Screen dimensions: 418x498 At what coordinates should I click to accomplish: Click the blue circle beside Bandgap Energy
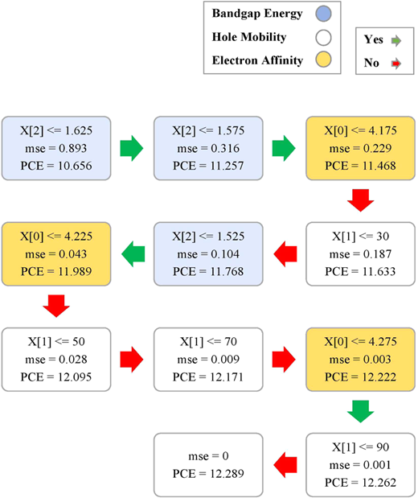point(323,14)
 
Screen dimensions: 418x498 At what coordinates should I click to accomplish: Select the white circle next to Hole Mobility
point(323,37)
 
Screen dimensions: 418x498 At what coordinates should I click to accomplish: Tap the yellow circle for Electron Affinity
point(323,60)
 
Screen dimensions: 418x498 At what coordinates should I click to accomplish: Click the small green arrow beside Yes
point(396,41)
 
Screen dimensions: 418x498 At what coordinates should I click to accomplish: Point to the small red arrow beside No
point(396,64)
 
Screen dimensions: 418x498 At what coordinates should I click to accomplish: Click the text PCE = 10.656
point(56,166)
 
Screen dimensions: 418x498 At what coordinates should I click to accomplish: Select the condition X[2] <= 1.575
point(208,130)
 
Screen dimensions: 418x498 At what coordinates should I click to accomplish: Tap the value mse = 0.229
point(360,148)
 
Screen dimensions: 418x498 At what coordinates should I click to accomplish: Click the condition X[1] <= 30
point(360,237)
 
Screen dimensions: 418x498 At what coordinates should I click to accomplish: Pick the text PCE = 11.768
point(208,272)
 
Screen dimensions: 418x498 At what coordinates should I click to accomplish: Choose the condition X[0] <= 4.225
point(56,237)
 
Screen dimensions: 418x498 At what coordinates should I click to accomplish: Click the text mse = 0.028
point(56,359)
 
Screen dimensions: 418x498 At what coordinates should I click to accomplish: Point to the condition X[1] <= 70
point(208,342)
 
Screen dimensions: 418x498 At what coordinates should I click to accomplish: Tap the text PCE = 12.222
point(360,377)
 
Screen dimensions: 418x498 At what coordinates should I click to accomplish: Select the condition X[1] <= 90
point(360,447)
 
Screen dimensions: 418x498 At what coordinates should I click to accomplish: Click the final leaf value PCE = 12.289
point(208,474)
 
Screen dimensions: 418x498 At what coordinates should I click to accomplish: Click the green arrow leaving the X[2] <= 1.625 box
point(132,148)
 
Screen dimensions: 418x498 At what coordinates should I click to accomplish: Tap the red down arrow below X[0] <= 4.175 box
point(361,200)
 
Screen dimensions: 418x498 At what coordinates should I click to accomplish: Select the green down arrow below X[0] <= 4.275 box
point(361,412)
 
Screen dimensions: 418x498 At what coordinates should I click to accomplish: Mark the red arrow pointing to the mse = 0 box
point(285,465)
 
